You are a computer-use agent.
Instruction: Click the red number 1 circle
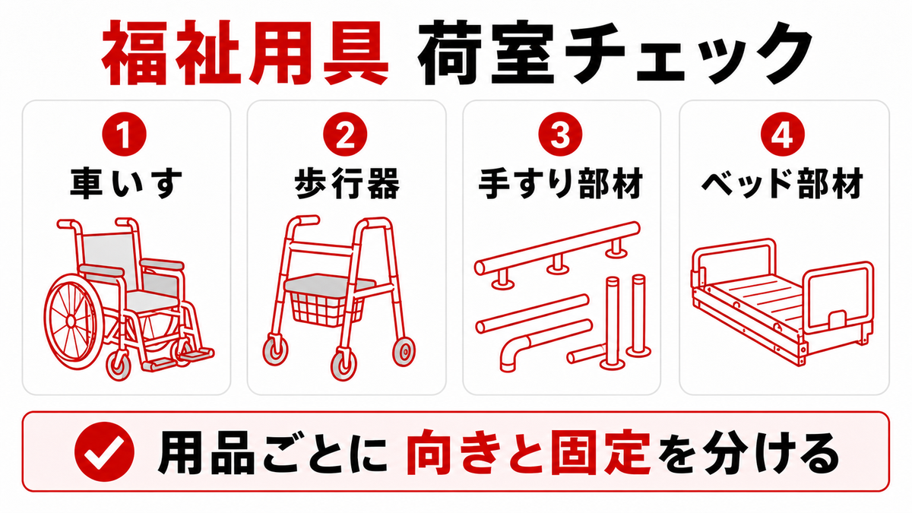pyautogui.click(x=124, y=135)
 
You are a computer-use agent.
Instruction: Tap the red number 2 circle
pyautogui.click(x=345, y=135)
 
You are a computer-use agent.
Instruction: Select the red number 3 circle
pyautogui.click(x=560, y=135)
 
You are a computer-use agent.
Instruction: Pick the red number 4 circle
pyautogui.click(x=783, y=135)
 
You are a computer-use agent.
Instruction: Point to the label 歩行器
pyautogui.click(x=347, y=184)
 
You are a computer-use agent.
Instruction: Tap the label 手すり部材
pyautogui.click(x=561, y=184)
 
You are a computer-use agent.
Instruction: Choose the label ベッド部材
pyautogui.click(x=783, y=184)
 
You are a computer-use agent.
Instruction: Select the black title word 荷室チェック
pyautogui.click(x=615, y=53)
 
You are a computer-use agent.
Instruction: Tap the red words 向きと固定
pyautogui.click(x=528, y=452)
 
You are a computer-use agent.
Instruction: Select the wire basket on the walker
pyautogui.click(x=326, y=309)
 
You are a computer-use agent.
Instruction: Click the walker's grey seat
pyautogui.click(x=329, y=283)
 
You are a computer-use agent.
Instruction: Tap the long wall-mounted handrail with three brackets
pyautogui.click(x=557, y=249)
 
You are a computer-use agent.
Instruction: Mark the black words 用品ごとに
pyautogui.click(x=272, y=452)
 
